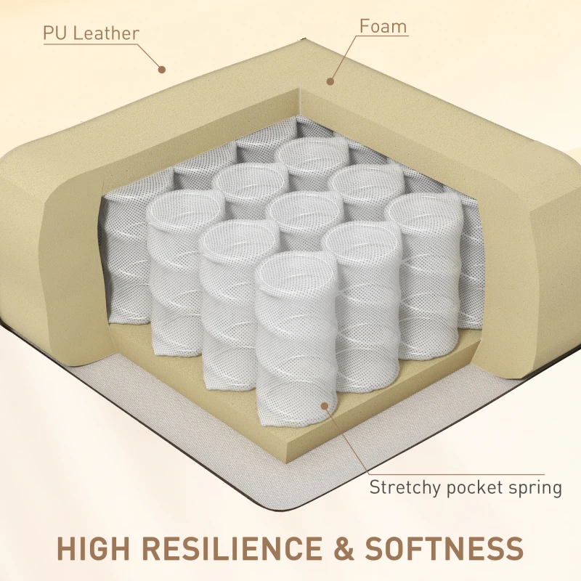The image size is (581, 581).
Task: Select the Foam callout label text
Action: click(383, 27)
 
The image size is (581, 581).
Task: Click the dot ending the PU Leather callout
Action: click(162, 70)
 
